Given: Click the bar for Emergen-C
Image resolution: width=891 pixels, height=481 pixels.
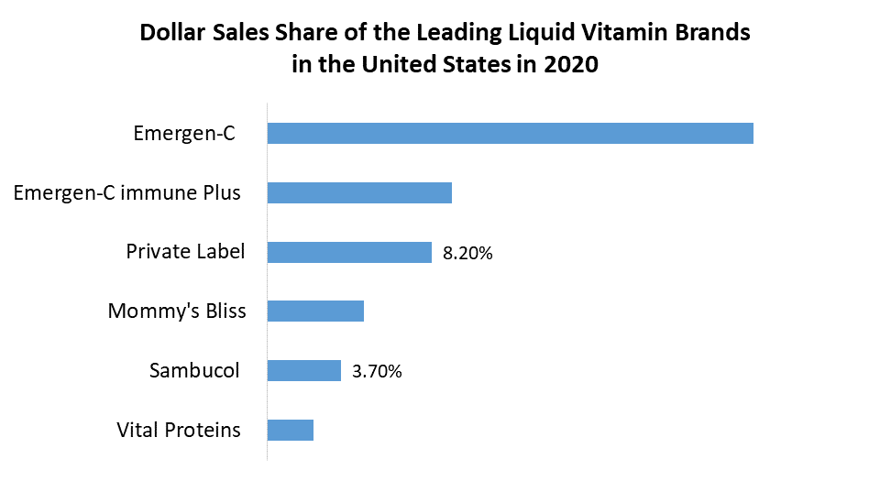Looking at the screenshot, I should click(x=510, y=133).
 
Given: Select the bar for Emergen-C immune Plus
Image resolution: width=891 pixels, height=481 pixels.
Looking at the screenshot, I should click(x=359, y=192).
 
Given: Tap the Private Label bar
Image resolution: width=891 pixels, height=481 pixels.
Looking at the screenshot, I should click(x=349, y=252).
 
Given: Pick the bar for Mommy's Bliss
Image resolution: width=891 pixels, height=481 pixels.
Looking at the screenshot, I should click(x=315, y=311).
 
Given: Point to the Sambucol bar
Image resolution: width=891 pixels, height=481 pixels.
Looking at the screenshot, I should click(x=303, y=370).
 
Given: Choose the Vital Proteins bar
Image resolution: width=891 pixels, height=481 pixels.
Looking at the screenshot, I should click(x=290, y=430).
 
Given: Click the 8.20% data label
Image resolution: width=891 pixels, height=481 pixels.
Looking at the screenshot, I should click(x=467, y=254).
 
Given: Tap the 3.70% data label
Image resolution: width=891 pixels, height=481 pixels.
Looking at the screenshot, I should click(x=377, y=372).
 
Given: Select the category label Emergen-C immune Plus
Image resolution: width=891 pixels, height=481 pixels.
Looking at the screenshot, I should click(x=127, y=192).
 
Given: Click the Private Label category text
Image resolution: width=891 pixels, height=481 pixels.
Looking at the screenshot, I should click(x=185, y=251).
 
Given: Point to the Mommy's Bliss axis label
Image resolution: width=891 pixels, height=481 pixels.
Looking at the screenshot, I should click(x=177, y=311).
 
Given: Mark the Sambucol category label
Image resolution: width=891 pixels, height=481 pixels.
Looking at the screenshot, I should click(x=194, y=370).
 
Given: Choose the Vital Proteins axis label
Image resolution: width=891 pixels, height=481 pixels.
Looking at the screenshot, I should click(x=179, y=430).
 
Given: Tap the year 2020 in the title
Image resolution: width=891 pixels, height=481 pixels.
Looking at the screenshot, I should click(x=573, y=66).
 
